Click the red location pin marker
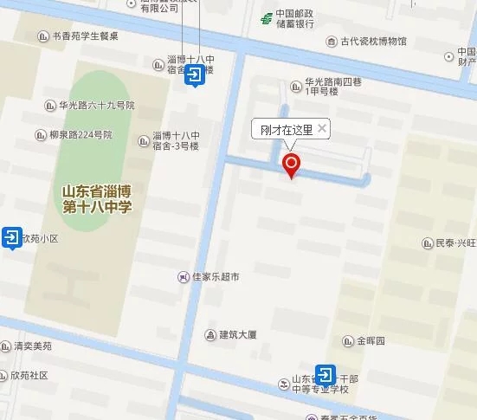coord(292,165)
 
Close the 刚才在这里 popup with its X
coord(322,129)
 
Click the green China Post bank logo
coord(267,19)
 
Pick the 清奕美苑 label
coord(32,346)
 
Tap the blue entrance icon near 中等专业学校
coord(326,376)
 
